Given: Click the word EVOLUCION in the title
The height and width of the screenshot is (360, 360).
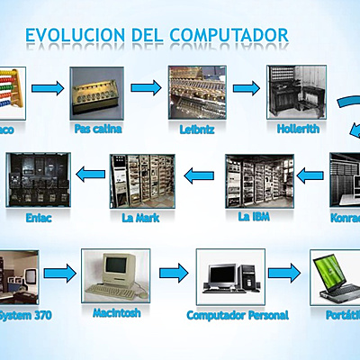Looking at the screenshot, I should click(x=76, y=35).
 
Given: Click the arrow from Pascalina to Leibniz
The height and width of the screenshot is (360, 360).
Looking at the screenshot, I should click(x=146, y=87).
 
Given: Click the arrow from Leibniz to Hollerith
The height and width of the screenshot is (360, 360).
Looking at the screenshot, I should click(x=246, y=88).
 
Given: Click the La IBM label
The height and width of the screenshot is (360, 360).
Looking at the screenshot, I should click(x=255, y=217).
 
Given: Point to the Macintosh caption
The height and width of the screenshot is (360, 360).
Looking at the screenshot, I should click(x=116, y=313).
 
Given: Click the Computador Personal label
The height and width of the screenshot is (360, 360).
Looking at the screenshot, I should click(x=238, y=315).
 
